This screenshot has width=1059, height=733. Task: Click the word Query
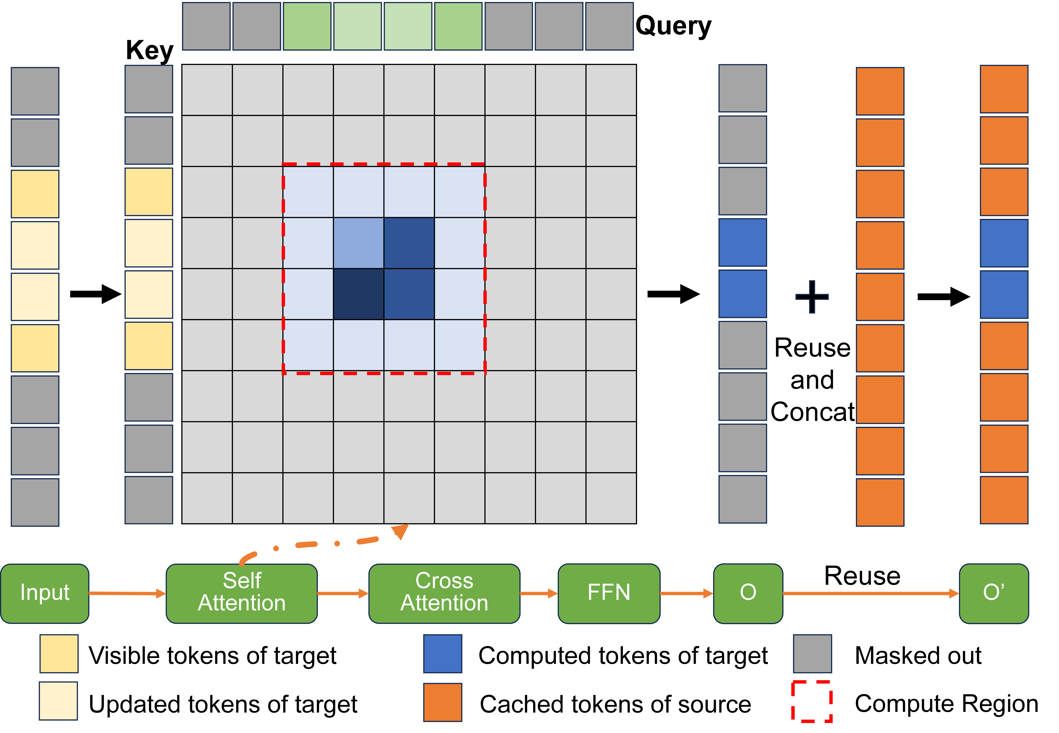[673, 26]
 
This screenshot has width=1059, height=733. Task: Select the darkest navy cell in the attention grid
[359, 294]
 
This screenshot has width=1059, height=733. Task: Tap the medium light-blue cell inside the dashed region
[359, 243]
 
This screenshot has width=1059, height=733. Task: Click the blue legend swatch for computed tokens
[443, 654]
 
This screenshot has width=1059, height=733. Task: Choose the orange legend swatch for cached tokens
[443, 702]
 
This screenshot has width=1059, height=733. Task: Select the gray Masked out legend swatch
[813, 654]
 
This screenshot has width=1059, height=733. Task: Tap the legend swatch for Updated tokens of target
[58, 701]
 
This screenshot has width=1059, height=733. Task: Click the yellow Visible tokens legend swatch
[59, 654]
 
